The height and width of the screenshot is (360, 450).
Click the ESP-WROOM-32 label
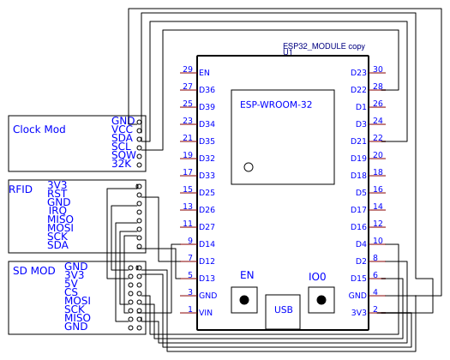(x=276, y=105)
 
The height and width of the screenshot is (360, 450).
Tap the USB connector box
(x=283, y=309)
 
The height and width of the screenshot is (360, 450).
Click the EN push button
(x=244, y=300)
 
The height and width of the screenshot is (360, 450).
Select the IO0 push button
(x=321, y=300)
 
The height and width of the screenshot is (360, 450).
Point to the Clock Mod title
(x=39, y=129)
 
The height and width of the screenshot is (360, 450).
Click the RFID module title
(x=21, y=189)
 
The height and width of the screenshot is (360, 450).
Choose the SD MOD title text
(x=34, y=271)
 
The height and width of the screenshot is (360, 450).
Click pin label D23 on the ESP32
(x=358, y=73)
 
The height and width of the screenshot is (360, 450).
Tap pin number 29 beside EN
(x=187, y=69)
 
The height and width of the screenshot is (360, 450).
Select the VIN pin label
(x=205, y=313)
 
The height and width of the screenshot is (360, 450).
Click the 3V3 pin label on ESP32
(x=358, y=313)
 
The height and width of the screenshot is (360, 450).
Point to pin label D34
(x=207, y=124)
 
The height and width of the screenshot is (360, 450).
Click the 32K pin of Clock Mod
(x=122, y=163)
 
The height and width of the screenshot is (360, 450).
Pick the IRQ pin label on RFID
(x=57, y=210)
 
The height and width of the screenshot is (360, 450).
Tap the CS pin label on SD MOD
(x=70, y=292)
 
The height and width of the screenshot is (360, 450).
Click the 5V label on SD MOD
(x=71, y=284)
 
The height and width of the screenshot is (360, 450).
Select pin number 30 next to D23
(x=378, y=69)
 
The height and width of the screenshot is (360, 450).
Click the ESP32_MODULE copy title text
(x=324, y=45)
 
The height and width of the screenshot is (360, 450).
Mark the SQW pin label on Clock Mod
(x=123, y=154)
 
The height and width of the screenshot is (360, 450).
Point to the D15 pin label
(x=358, y=279)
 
